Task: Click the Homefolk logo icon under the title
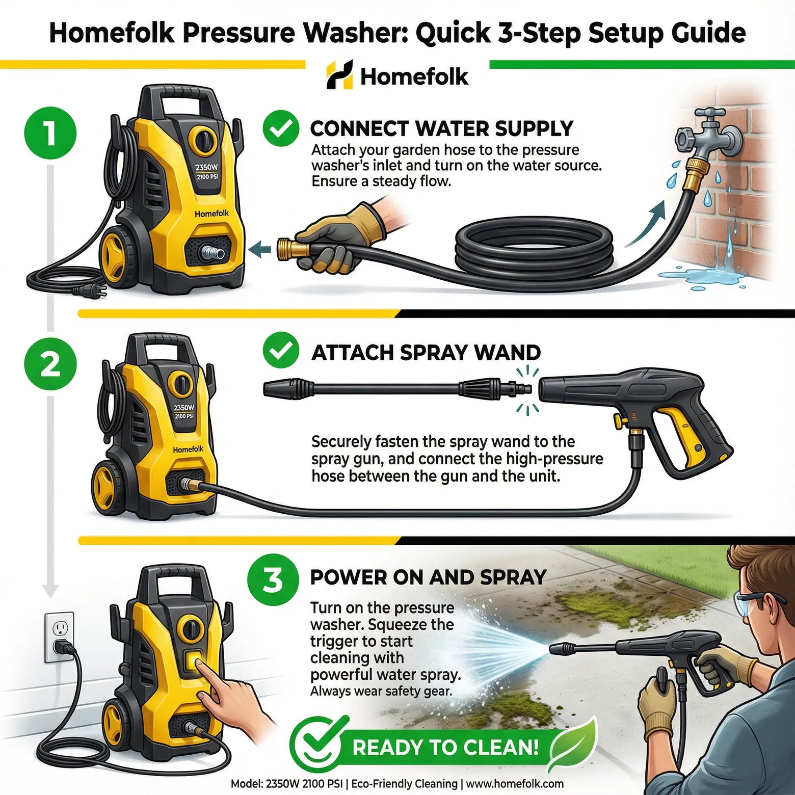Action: [x=339, y=75]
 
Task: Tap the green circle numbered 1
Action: [x=50, y=134]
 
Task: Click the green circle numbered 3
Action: [x=273, y=579]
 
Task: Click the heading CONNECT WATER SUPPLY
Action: [x=442, y=128]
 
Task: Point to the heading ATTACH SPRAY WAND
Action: [x=426, y=353]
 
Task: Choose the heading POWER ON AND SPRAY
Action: [x=428, y=577]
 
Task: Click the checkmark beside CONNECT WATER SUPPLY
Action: [x=281, y=128]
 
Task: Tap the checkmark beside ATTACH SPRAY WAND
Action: [x=281, y=350]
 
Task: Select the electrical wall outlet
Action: [x=59, y=637]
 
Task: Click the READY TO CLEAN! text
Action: [x=445, y=748]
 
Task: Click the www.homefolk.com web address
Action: [x=515, y=784]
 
